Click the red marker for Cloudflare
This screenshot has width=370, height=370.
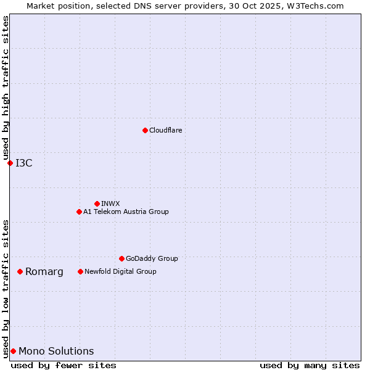(145, 130)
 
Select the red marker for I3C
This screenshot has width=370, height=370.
(10, 163)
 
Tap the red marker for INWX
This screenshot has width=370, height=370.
(97, 203)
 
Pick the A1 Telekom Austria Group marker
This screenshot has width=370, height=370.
(79, 212)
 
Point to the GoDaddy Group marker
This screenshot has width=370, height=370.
(121, 258)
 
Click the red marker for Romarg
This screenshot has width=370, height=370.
(20, 271)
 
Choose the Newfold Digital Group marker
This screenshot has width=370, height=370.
(80, 271)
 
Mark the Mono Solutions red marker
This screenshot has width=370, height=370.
(13, 351)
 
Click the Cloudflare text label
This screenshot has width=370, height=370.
(166, 130)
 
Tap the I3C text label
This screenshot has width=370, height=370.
(24, 163)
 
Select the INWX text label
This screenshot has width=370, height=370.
(110, 203)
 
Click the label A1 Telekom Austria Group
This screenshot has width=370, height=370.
(126, 212)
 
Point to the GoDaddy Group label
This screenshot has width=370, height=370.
(152, 258)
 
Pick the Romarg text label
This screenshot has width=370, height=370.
(44, 271)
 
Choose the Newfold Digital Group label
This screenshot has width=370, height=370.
(120, 271)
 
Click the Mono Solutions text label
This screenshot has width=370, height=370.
(56, 351)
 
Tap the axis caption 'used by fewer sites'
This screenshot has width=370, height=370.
(64, 365)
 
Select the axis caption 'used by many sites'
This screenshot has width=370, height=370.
(310, 365)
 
